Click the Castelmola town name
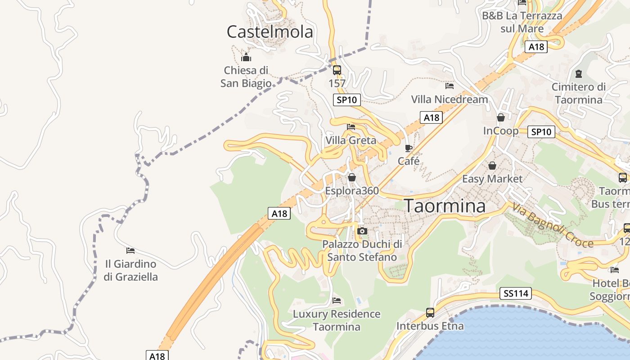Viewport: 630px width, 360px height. tap(270, 32)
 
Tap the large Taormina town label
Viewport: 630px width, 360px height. tap(445, 206)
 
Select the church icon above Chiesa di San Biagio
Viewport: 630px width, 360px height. tap(246, 58)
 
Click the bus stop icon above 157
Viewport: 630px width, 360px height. tap(337, 70)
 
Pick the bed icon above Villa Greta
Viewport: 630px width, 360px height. tap(351, 127)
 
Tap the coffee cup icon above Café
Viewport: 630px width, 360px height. tap(409, 148)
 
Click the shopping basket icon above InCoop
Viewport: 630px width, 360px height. tap(501, 118)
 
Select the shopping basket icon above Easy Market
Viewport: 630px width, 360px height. tap(492, 166)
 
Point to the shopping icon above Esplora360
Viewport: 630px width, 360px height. tap(352, 177)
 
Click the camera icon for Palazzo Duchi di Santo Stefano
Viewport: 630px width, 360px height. tap(362, 231)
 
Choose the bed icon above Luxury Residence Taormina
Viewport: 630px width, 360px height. tap(337, 301)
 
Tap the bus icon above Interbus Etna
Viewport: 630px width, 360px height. tap(430, 312)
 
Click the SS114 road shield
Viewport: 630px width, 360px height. tap(516, 294)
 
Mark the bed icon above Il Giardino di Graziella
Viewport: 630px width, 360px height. tap(130, 250)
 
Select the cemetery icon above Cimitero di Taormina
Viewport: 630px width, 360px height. tap(579, 73)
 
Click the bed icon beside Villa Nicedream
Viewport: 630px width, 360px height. tap(449, 85)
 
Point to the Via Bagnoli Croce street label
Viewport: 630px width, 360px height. tap(553, 225)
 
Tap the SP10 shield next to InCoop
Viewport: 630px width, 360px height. tap(541, 132)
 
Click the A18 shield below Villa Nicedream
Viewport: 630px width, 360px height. tap(431, 117)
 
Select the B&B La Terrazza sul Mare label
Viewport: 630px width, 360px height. tap(522, 22)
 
